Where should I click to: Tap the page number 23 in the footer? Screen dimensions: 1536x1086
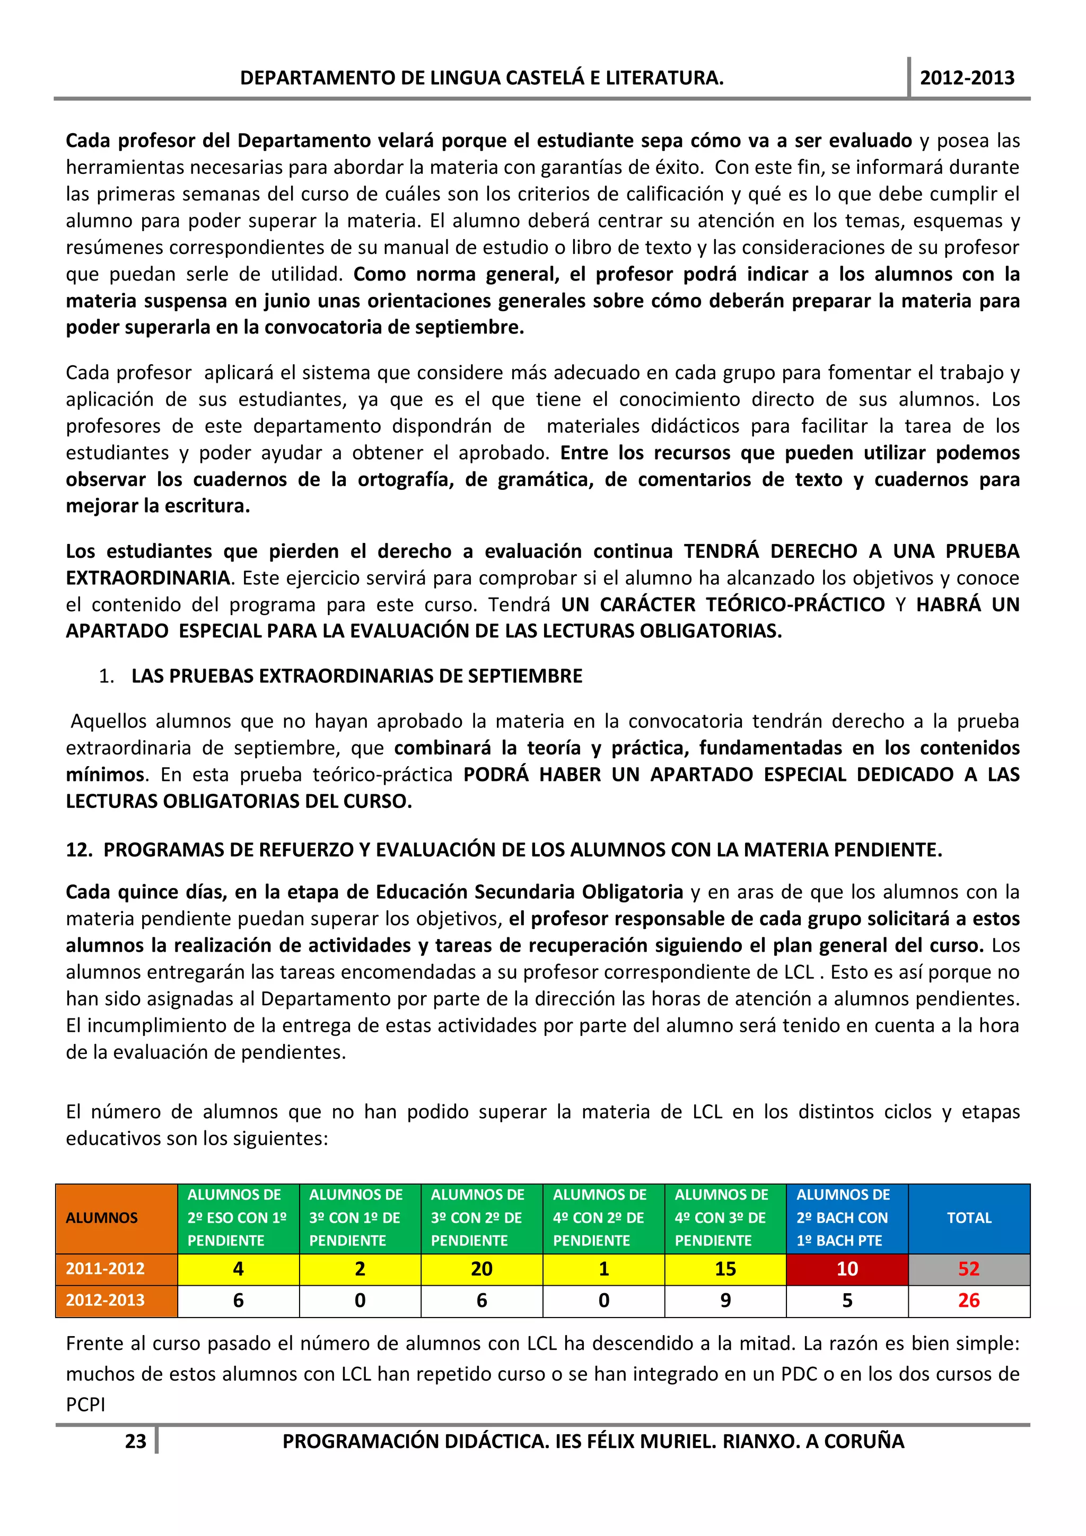pos(135,1441)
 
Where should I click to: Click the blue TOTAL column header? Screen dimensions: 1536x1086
pos(968,1217)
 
